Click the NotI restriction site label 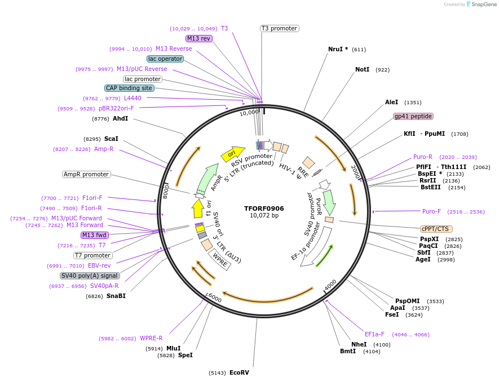coord(362,70)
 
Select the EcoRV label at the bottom coord(239,372)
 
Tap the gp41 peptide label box coord(413,116)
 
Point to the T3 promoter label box coord(279,28)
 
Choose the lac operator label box coord(165,59)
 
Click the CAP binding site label coord(129,88)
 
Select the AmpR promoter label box coord(86,174)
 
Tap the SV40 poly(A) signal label coord(90,276)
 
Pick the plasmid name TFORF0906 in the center coord(264,208)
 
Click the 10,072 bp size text coord(264,216)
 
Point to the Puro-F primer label coord(431,211)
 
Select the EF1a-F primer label coord(374,334)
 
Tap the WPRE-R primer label coord(151,338)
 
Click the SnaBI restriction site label coord(116,296)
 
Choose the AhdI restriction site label coord(120,118)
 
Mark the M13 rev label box coord(198,38)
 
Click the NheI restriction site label coord(359,344)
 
